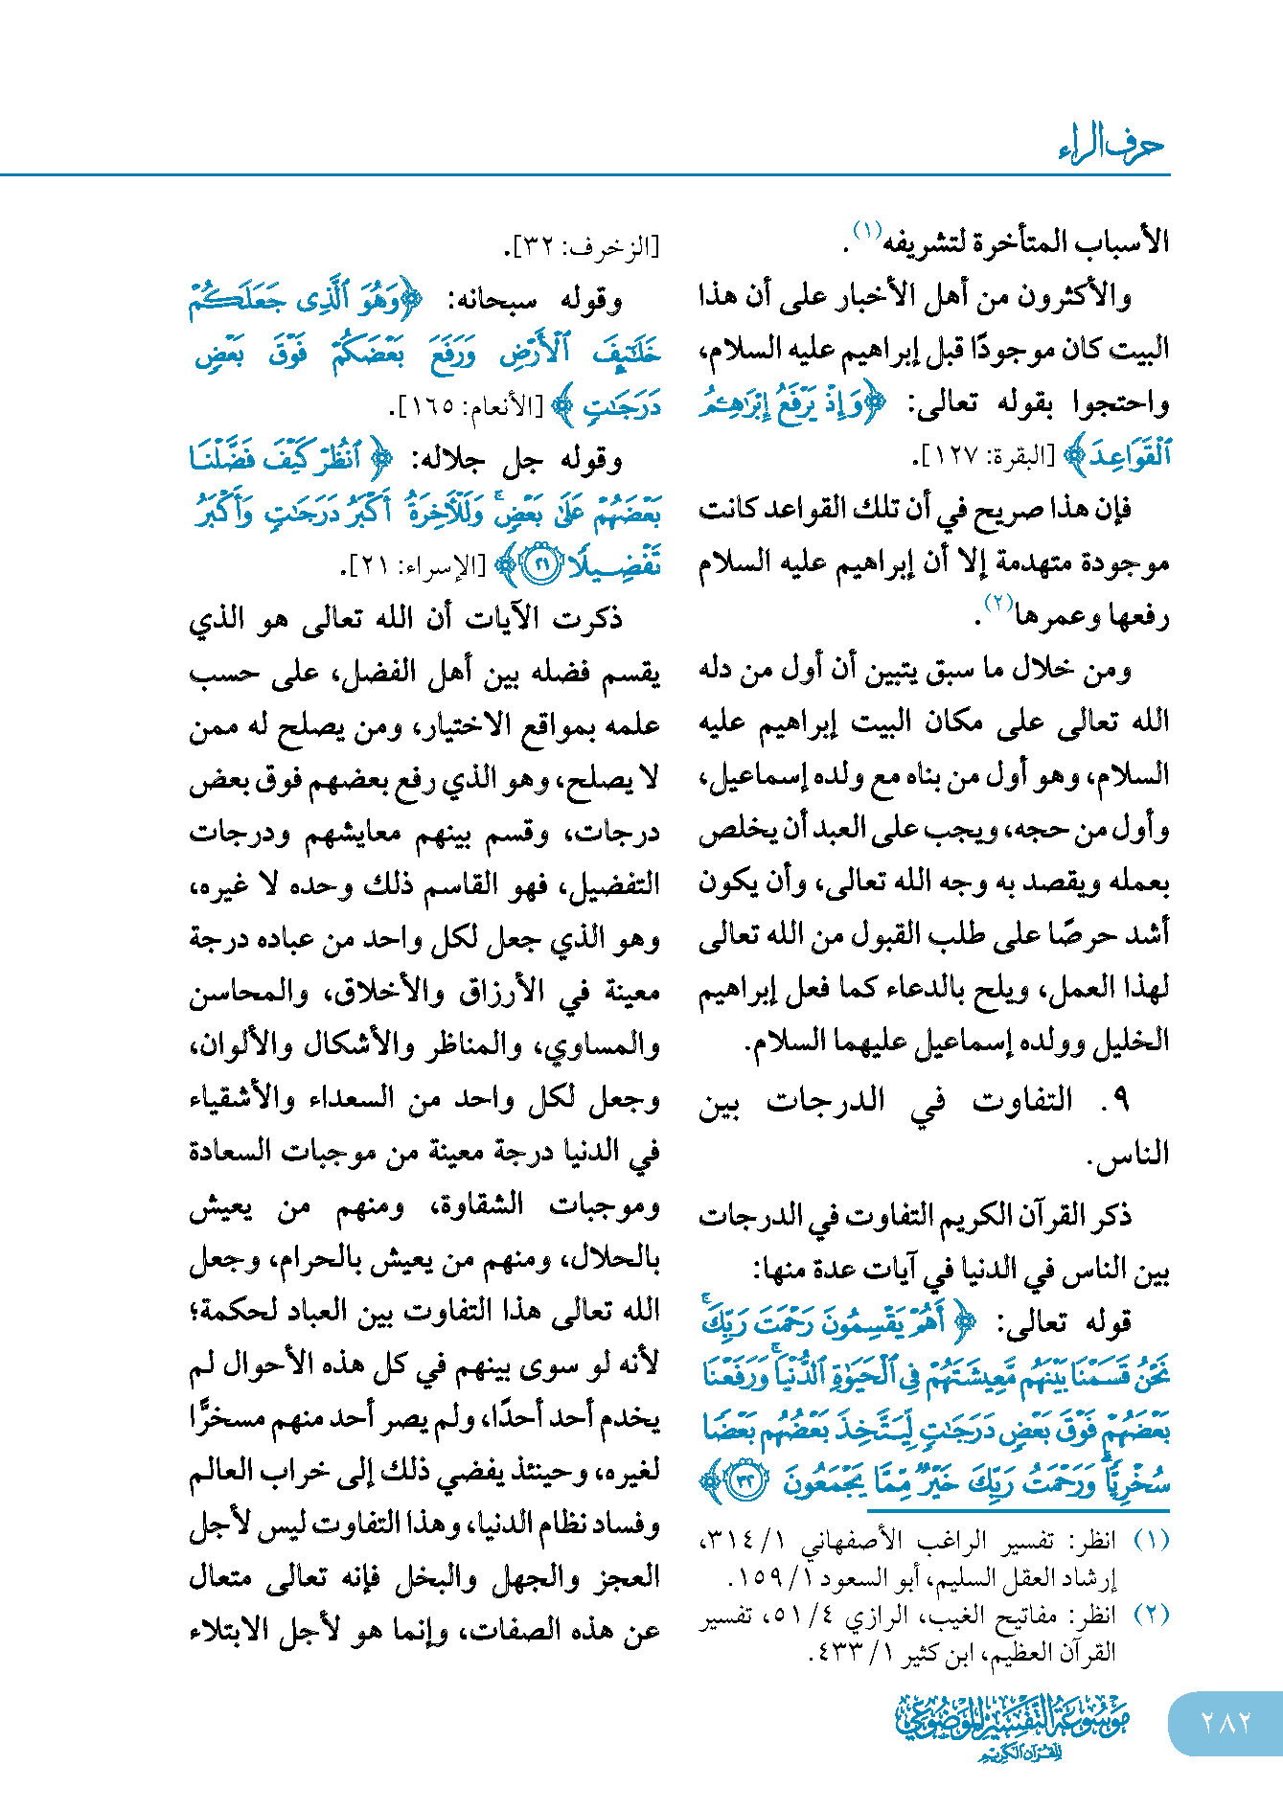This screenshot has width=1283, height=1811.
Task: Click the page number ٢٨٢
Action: pos(1225,1723)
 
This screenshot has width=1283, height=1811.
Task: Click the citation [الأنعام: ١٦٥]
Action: pos(470,408)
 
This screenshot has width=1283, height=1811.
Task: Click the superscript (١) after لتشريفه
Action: pos(866,231)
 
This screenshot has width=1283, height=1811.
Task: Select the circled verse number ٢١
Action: pos(542,565)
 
